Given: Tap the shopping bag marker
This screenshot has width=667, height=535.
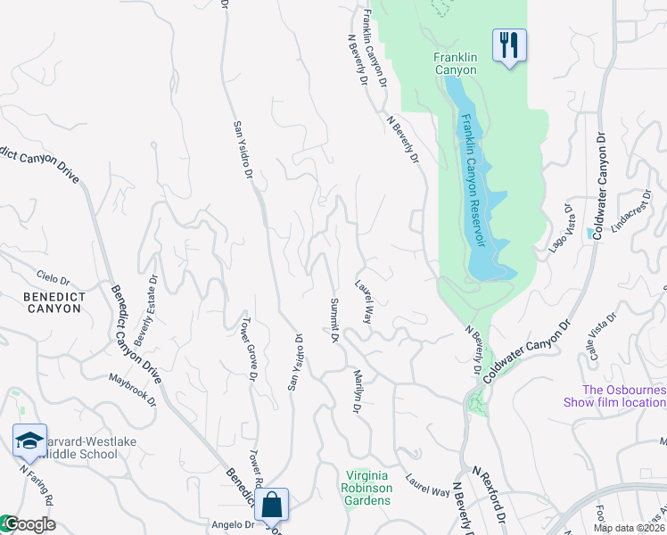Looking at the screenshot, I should (272, 504).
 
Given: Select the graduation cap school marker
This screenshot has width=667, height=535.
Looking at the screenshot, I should (29, 440).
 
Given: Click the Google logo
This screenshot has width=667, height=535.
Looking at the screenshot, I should (29, 523).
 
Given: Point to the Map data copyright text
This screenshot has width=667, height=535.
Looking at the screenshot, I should (629, 528).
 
